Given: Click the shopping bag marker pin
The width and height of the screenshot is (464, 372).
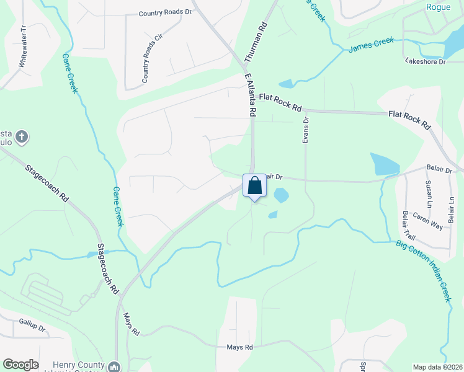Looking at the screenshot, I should click(x=254, y=186).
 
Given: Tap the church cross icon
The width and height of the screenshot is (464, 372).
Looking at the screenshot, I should click(x=22, y=136).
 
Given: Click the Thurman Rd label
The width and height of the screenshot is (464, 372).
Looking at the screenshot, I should click(x=256, y=43).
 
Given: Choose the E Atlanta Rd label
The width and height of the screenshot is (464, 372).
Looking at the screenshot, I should click(x=250, y=95).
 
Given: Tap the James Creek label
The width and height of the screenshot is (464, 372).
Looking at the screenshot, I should click(x=371, y=45).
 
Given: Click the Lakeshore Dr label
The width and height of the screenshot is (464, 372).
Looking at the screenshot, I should click(x=425, y=61).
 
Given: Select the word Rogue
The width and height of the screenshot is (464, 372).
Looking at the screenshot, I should click(x=439, y=7).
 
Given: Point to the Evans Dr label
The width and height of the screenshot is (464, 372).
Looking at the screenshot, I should click(x=305, y=130).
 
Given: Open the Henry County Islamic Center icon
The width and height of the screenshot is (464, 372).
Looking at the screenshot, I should click(x=114, y=366).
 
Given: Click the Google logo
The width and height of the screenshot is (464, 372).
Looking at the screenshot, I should click(x=20, y=365).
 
